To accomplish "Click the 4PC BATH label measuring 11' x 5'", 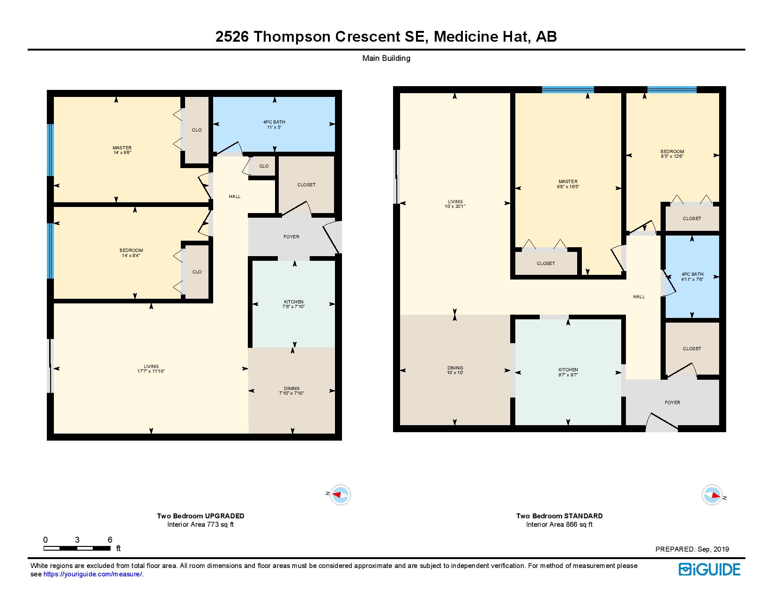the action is tap(274, 125).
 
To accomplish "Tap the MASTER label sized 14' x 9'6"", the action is tap(122, 150).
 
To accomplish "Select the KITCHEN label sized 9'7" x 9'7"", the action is tap(568, 372).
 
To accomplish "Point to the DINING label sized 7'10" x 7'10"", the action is tap(292, 391).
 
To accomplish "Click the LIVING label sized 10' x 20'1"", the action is tap(455, 204).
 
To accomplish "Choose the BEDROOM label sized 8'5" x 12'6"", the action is tap(672, 154).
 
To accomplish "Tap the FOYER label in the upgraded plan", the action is tap(291, 237).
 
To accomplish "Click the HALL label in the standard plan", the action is tap(639, 296).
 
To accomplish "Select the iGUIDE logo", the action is tap(709, 569).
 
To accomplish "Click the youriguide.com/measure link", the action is tap(93, 574).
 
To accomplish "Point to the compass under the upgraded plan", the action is tap(340, 494).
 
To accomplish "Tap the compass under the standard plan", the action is tap(712, 494).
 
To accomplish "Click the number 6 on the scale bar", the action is tap(110, 540).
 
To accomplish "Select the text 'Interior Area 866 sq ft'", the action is tap(559, 524).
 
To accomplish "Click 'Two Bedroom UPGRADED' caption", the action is tap(201, 516).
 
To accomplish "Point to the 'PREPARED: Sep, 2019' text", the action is tap(692, 549).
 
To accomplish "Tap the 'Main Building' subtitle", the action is tap(386, 59).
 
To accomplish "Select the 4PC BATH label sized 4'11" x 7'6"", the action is tap(692, 277).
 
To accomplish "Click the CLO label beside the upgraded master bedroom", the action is tap(197, 130).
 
